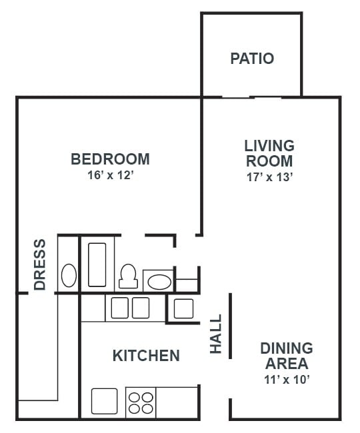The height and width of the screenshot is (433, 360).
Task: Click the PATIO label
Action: pyautogui.click(x=252, y=59)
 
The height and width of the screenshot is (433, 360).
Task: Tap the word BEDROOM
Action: pyautogui.click(x=110, y=159)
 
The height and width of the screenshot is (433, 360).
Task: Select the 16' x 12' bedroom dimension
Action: pyautogui.click(x=110, y=176)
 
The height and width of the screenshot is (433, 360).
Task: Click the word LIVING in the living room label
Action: pyautogui.click(x=269, y=145)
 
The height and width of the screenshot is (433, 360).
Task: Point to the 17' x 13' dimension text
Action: pyautogui.click(x=269, y=177)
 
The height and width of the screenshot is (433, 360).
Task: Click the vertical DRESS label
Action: pyautogui.click(x=40, y=264)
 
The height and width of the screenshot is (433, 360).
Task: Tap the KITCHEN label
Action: pyautogui.click(x=146, y=356)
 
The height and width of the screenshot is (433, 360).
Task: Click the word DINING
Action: pyautogui.click(x=287, y=348)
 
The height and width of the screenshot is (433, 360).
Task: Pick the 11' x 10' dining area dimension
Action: pyautogui.click(x=287, y=380)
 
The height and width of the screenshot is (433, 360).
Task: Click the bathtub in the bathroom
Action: pyautogui.click(x=97, y=264)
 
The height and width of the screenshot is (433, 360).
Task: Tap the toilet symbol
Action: pyautogui.click(x=127, y=275)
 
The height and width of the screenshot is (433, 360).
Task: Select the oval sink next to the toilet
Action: pyautogui.click(x=159, y=281)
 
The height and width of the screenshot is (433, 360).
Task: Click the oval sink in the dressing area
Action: pyautogui.click(x=69, y=275)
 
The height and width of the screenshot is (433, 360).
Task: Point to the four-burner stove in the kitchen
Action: pyautogui.click(x=140, y=402)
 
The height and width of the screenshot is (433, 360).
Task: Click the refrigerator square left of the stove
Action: pyautogui.click(x=104, y=401)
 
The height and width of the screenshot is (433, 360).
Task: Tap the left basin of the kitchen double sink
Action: pyautogui.click(x=119, y=308)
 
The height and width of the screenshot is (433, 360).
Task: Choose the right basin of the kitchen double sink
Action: pyautogui.click(x=140, y=308)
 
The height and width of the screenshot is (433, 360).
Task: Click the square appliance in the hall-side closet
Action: pyautogui.click(x=183, y=308)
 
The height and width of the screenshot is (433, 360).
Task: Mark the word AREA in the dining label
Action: pyautogui.click(x=287, y=364)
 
